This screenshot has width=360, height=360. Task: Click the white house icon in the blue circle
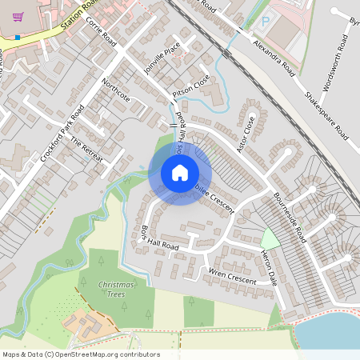tap(180, 173)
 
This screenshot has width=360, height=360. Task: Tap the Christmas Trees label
tap(116, 289)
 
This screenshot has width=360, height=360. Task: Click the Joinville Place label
tap(158, 61)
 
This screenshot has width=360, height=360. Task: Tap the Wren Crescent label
tap(231, 278)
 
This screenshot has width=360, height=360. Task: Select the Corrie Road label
tap(101, 32)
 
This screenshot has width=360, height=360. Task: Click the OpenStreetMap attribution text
tap(80, 354)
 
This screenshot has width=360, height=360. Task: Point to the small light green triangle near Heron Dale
tap(270, 238)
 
